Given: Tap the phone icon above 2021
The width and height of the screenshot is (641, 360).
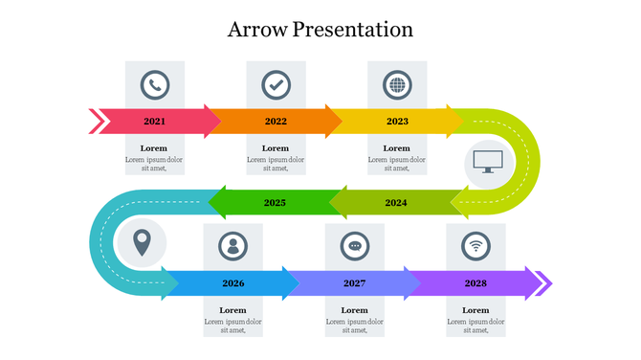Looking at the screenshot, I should point(154,85).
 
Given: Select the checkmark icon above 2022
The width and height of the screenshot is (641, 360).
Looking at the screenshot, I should point(276,85).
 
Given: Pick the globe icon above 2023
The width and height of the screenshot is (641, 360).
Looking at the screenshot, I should point(397,85).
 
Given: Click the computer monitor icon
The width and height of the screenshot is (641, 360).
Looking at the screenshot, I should point(488,161).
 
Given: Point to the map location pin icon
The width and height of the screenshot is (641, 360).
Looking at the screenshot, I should point(142,242).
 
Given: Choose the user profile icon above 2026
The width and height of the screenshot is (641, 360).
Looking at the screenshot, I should point(232,246).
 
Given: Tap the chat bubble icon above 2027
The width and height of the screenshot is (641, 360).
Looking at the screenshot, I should point(355,246).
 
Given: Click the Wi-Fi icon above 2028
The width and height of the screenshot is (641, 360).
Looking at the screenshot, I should point(475,246).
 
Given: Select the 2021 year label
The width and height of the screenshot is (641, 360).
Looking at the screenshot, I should point(154,122).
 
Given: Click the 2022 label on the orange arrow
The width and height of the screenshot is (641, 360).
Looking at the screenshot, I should point(276,122).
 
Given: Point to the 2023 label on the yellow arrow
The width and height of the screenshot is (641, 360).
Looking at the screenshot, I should point(397,122).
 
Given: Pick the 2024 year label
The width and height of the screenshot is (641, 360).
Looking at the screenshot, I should point(396,203).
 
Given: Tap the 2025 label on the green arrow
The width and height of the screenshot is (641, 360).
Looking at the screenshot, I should point(275,203).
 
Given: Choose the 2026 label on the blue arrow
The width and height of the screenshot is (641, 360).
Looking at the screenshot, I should point(232,283).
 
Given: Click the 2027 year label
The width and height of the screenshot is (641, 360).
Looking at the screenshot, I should point(355,283).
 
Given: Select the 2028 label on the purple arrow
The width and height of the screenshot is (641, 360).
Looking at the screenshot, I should point(475,283).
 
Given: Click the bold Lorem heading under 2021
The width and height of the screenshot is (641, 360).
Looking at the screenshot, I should point(154,148).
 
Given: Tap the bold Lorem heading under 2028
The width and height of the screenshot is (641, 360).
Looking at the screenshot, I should point(475,310).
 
